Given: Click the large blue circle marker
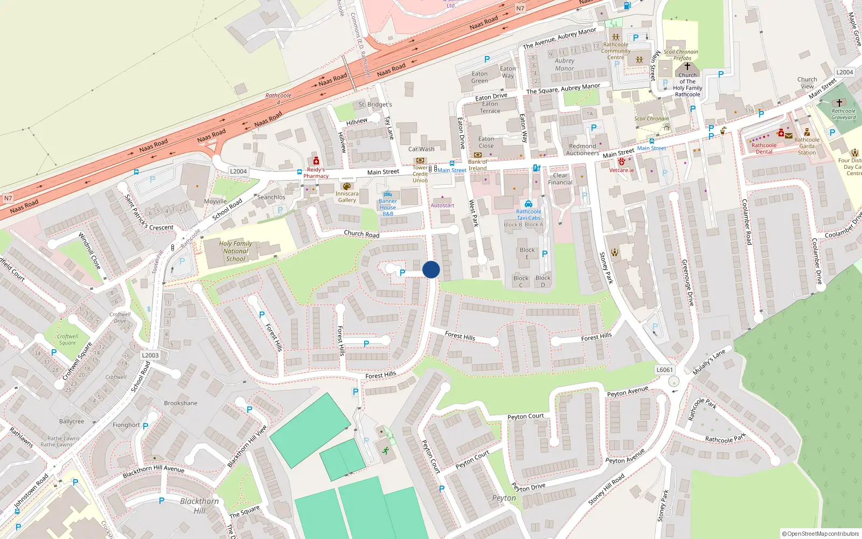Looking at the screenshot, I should click(x=431, y=269).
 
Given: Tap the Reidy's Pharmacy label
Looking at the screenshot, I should click(x=316, y=172).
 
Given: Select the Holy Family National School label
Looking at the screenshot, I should click(x=235, y=251).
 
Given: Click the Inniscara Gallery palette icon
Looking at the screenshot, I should click(x=347, y=186).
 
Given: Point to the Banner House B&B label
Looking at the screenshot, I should click(x=388, y=208).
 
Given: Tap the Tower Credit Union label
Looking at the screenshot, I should click(x=420, y=174).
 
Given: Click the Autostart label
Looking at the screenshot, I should click(x=442, y=205).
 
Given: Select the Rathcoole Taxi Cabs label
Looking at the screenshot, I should click(x=529, y=215).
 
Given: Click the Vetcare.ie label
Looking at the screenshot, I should click(x=621, y=170).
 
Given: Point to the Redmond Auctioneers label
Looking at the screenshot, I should click(x=582, y=149).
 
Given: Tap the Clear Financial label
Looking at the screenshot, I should click(x=560, y=179).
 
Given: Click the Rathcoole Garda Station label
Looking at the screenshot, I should click(x=807, y=146).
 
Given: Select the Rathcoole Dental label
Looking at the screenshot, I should click(x=764, y=148).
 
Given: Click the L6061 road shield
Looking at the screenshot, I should click(x=665, y=370).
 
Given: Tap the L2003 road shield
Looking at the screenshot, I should click(x=150, y=355).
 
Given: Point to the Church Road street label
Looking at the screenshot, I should click(x=362, y=234).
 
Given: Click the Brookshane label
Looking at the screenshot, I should click(x=180, y=403).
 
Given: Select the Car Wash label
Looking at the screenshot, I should click(x=421, y=149).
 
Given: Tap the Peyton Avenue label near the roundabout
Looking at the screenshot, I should click(x=628, y=392).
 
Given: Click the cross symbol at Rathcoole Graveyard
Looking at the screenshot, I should click(x=839, y=102).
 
